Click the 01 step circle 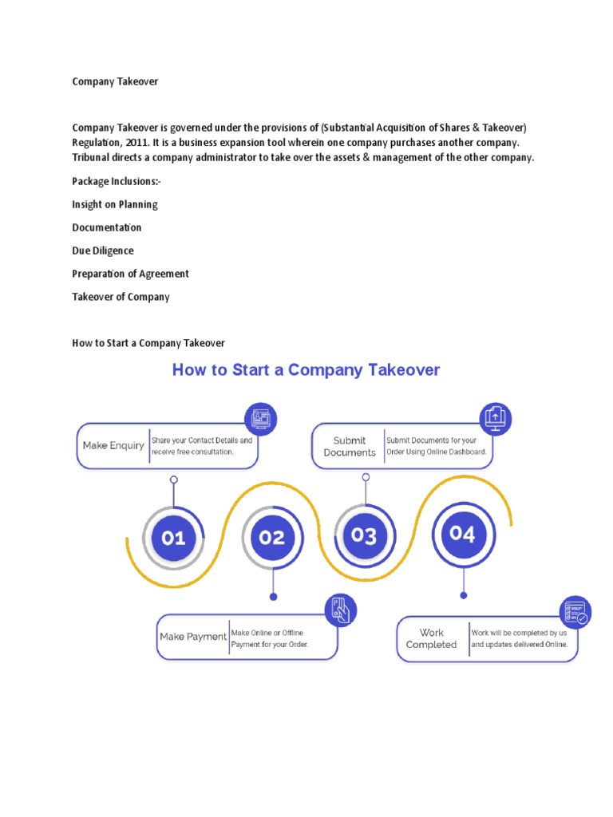tap(173, 538)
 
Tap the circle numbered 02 tap(272, 537)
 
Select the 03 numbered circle tap(364, 535)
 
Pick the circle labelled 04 tap(462, 534)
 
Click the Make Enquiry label tap(113, 445)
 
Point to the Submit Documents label tap(350, 446)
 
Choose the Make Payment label tap(193, 637)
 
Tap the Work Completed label tap(431, 638)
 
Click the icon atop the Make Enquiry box tap(260, 418)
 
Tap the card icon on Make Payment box tap(340, 610)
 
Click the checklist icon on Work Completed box tap(575, 612)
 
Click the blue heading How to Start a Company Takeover tap(306, 370)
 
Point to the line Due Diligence tap(103, 251)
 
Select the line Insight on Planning tap(115, 204)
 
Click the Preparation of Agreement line tap(130, 274)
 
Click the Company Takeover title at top tap(115, 81)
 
